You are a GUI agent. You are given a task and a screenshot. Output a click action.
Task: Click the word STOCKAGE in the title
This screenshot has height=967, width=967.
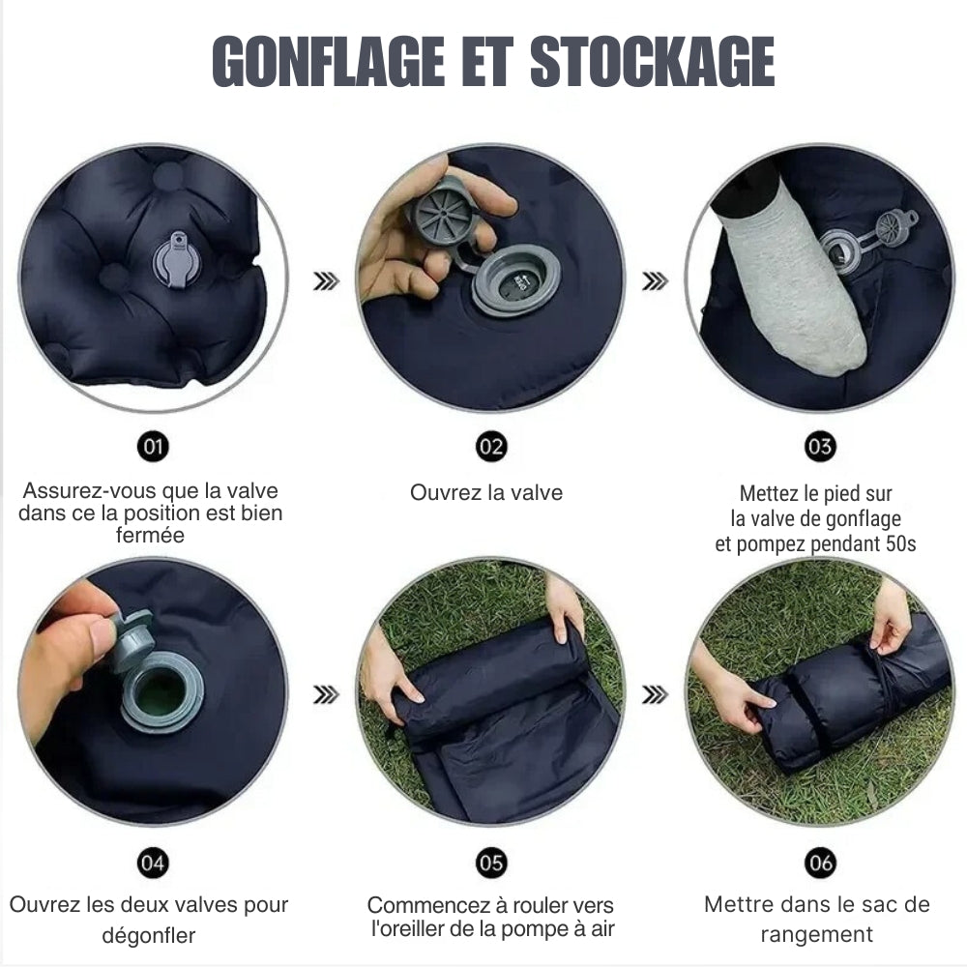tap(653, 63)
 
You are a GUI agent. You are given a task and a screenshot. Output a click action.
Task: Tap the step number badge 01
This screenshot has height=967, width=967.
tap(153, 447)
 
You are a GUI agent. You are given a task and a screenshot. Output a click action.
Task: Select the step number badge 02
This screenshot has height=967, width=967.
tap(491, 447)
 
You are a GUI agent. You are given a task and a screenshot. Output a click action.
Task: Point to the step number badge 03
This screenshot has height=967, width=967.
tap(820, 447)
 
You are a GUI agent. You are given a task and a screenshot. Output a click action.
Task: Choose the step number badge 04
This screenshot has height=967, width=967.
tap(153, 863)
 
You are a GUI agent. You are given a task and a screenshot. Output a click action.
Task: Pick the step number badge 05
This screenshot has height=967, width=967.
tap(491, 863)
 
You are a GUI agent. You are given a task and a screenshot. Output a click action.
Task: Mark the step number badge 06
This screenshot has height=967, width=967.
tap(820, 863)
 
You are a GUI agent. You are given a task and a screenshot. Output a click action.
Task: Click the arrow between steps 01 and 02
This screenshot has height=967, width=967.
tap(327, 281)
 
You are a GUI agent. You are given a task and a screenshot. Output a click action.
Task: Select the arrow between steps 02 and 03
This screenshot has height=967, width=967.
tap(656, 281)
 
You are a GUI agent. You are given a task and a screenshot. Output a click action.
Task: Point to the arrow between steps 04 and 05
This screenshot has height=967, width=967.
tap(327, 694)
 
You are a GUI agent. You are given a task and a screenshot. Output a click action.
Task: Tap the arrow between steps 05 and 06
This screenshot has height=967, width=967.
tap(656, 694)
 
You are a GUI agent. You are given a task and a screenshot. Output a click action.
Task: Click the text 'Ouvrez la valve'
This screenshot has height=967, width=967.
tap(485, 493)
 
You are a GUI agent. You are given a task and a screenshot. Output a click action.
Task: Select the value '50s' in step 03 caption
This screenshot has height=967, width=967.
tap(900, 544)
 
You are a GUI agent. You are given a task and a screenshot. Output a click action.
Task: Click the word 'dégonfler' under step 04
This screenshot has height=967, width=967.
tap(148, 935)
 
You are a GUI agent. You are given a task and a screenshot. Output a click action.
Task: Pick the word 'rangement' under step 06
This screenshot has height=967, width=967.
tap(816, 935)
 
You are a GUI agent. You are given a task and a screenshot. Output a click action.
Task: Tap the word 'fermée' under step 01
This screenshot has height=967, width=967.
tap(150, 535)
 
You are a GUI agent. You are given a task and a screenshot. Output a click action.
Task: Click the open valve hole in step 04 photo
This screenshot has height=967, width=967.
tap(161, 691)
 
